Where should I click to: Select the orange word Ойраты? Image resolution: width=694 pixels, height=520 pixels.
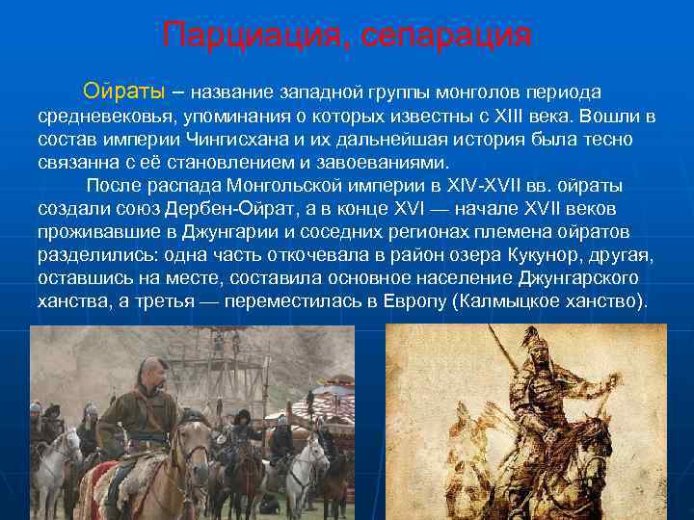pos(123,91)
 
